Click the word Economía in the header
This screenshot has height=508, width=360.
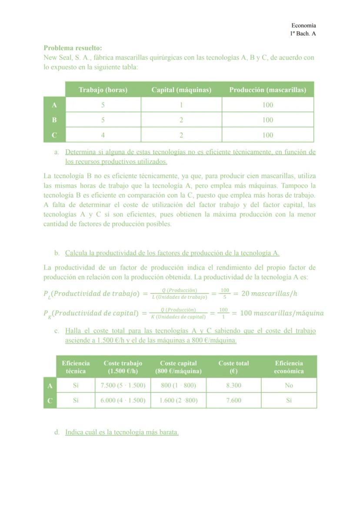303,26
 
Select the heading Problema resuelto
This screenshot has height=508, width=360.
73,48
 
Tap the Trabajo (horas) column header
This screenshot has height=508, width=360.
103,90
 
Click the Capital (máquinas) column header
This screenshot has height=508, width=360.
181,90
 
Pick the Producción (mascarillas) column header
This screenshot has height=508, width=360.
268,90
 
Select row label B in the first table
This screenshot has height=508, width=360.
54,120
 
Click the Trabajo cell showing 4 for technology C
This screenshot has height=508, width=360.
103,135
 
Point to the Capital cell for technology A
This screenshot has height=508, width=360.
181,105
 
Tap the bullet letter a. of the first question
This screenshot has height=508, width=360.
57,153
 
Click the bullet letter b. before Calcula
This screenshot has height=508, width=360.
57,253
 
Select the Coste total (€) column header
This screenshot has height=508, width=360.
233,367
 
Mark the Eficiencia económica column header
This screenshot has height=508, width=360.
289,367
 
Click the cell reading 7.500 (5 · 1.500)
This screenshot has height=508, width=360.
123,385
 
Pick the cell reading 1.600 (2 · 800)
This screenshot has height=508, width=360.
178,401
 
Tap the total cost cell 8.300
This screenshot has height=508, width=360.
233,385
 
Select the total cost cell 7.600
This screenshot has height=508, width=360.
233,401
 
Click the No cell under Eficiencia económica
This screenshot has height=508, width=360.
289,385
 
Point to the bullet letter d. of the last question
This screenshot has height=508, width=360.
57,432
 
